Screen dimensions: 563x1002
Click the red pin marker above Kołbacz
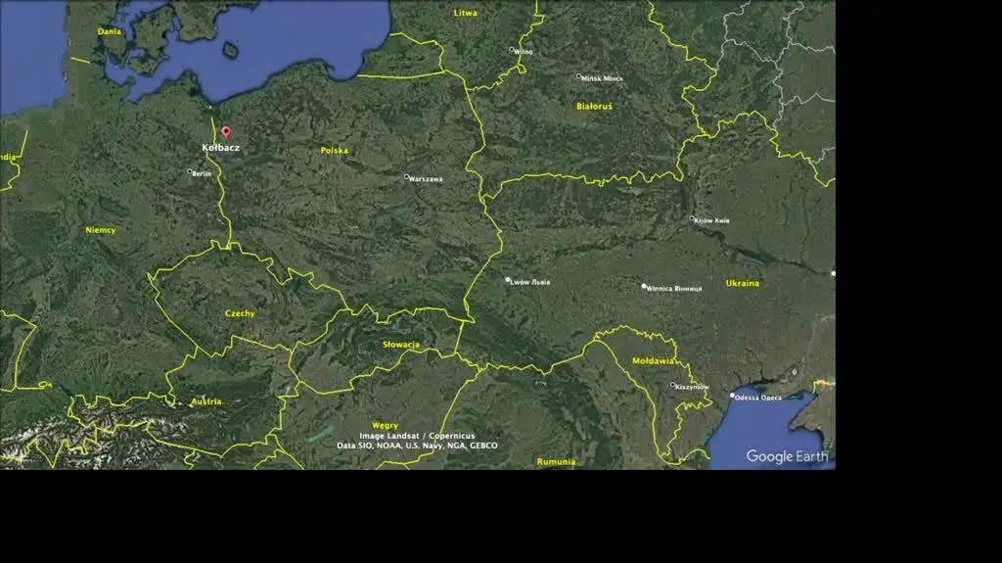(226, 131)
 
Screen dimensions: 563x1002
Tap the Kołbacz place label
(220, 148)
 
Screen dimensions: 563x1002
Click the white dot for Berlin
(190, 171)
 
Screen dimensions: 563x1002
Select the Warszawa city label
(427, 179)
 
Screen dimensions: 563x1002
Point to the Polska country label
(335, 151)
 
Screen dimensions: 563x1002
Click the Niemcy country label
(100, 230)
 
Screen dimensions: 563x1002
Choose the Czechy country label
(240, 313)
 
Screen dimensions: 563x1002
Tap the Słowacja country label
(401, 345)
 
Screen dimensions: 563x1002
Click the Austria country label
(206, 401)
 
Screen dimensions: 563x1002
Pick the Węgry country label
(385, 425)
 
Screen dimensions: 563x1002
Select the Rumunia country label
(556, 461)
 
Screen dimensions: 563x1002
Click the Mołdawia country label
(653, 361)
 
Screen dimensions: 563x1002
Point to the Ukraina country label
(743, 283)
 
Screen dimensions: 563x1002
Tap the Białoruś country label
(594, 106)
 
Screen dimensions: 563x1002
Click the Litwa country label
(466, 13)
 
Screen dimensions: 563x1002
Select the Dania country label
(109, 31)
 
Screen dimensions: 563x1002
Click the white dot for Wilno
(511, 50)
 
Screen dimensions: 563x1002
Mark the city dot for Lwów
(508, 280)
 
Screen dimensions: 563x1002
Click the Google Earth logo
(787, 456)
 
